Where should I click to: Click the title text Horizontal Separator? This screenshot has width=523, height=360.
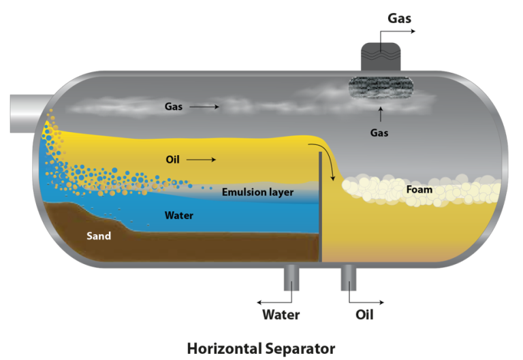coord(261,348)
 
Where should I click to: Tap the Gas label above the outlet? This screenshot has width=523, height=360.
coord(399,18)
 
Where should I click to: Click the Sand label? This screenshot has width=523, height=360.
coord(99,236)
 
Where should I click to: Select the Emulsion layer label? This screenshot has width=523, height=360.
coord(258,193)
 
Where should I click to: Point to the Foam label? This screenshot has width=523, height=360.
coord(419,190)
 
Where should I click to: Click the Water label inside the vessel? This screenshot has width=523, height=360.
coord(179,215)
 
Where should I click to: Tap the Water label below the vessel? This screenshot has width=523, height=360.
coord(281,314)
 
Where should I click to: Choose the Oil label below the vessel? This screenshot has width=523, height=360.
coord(364,314)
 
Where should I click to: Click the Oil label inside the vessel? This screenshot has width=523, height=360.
coord(172,160)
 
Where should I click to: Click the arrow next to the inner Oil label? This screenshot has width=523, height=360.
coord(201,160)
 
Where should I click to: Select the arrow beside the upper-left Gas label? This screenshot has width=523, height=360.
coord(204,107)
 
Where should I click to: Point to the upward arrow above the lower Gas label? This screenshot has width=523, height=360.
coord(381,114)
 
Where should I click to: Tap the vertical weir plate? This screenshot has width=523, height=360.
coord(320,207)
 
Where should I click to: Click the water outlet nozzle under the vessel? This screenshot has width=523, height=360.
coord(291,278)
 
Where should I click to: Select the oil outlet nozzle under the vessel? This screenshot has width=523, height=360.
coord(349,278)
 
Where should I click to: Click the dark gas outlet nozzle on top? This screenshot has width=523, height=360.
coord(381,56)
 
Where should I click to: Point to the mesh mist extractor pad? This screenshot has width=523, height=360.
coord(381,87)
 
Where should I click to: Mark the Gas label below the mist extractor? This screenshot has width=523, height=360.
coord(379,133)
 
